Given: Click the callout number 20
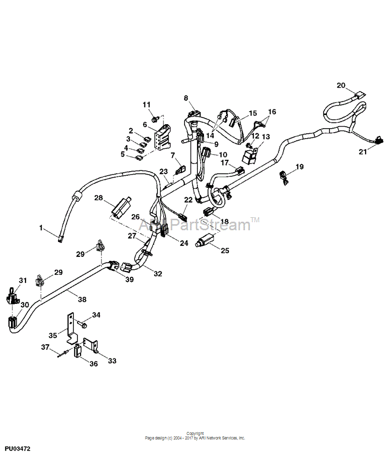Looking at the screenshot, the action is tap(341, 85).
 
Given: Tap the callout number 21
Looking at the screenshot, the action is tap(362, 152).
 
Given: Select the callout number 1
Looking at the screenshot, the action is tap(41, 228).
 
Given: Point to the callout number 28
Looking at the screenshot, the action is tap(98, 198).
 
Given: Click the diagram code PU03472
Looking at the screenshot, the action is tap(17, 449).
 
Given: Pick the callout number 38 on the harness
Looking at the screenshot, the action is tap(82, 299).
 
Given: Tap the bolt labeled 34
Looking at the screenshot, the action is tap(82, 324).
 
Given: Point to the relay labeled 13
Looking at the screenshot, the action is tap(249, 156).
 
